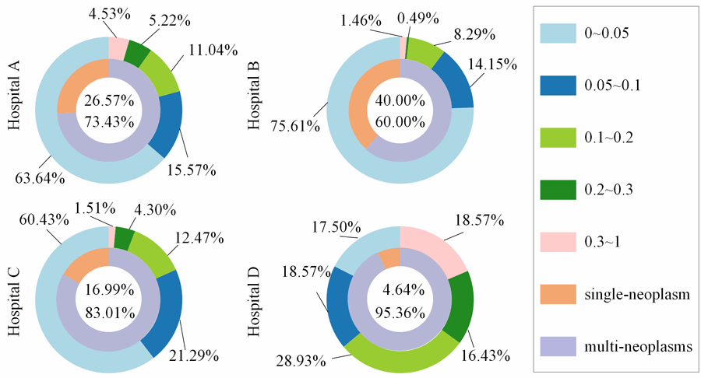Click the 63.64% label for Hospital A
(x=39, y=178)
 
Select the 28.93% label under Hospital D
(x=297, y=360)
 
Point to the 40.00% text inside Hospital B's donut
(x=400, y=101)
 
